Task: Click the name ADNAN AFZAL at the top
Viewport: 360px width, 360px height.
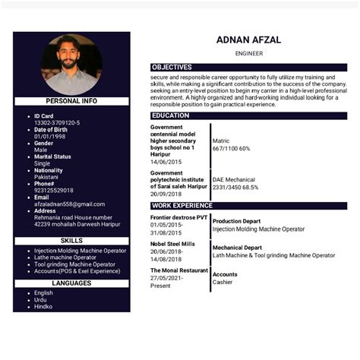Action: pyautogui.click(x=248, y=40)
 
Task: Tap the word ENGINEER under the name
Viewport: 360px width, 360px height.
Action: pyautogui.click(x=248, y=54)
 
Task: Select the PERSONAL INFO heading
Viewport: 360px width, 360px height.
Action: pyautogui.click(x=71, y=100)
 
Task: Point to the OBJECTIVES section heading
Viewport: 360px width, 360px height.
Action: pyautogui.click(x=172, y=68)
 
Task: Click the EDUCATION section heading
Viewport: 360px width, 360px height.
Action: pyautogui.click(x=171, y=115)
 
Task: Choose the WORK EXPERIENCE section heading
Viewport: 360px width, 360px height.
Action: pyautogui.click(x=182, y=205)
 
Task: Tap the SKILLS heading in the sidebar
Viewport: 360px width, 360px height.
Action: pyautogui.click(x=71, y=241)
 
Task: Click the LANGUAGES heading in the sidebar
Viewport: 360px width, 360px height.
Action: pyautogui.click(x=71, y=283)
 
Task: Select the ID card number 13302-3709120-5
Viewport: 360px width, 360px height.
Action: pyautogui.click(x=57, y=122)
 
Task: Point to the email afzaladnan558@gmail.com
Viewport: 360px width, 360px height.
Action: pyautogui.click(x=69, y=204)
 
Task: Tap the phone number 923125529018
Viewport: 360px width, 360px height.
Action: pyautogui.click(x=54, y=190)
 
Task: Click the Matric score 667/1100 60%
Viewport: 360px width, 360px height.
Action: pyautogui.click(x=231, y=148)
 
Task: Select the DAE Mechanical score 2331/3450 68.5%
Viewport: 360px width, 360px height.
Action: pyautogui.click(x=235, y=187)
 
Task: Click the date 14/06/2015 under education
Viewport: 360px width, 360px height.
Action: pyautogui.click(x=166, y=162)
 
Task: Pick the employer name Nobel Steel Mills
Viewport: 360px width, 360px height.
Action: pyautogui.click(x=172, y=244)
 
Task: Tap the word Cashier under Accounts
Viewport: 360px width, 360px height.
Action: pyautogui.click(x=223, y=282)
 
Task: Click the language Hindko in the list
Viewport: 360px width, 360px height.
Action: pyautogui.click(x=43, y=306)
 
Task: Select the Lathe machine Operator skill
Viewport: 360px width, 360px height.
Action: pyautogui.click(x=65, y=257)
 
